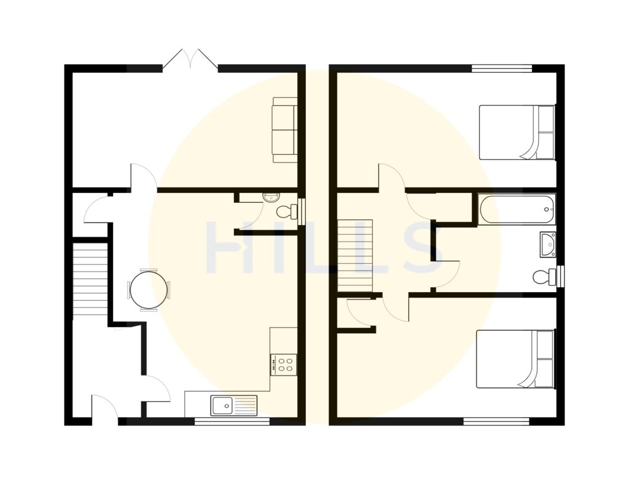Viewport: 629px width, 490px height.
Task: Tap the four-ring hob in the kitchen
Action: point(284,364)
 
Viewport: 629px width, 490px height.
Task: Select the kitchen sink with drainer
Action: point(234,406)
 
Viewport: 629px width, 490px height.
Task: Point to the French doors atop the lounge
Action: point(191,60)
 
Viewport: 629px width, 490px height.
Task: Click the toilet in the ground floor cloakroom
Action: point(286,212)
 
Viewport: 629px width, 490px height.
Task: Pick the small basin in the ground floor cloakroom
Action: point(270,197)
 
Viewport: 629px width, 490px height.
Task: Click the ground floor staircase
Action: point(90,280)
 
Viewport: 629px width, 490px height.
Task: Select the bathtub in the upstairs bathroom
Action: point(517,209)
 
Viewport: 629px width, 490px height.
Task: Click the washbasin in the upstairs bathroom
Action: point(548,244)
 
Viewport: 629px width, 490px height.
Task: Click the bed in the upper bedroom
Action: point(517,132)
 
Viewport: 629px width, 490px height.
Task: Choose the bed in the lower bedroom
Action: point(515,359)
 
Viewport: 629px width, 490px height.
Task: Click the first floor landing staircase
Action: point(356,255)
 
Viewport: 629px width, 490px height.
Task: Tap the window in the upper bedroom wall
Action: point(501,68)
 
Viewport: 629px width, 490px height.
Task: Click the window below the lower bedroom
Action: point(496,421)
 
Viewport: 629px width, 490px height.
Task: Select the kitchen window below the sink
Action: point(232,421)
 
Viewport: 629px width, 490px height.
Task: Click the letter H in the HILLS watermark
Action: point(227,247)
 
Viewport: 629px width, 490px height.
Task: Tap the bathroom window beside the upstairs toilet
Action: point(561,276)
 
